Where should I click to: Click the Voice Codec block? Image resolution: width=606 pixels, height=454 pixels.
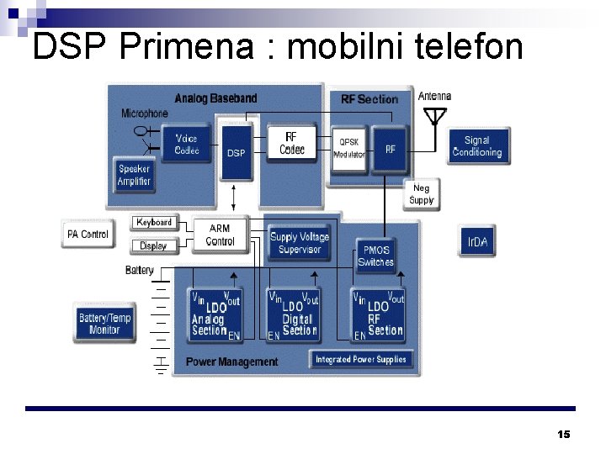pyautogui.click(x=186, y=145)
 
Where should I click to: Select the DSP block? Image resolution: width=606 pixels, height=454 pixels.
pyautogui.click(x=237, y=152)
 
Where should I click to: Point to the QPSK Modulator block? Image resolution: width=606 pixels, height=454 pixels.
pyautogui.click(x=348, y=148)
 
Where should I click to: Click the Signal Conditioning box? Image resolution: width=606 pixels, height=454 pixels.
pyautogui.click(x=476, y=146)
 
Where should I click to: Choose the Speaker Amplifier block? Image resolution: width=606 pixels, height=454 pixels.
pyautogui.click(x=135, y=175)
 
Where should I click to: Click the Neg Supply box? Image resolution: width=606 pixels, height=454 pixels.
pyautogui.click(x=421, y=194)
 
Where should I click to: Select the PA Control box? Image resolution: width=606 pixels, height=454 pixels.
pyautogui.click(x=88, y=234)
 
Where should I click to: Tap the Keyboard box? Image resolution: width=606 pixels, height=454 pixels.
pyautogui.click(x=154, y=223)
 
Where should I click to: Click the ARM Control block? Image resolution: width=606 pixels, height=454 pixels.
pyautogui.click(x=220, y=235)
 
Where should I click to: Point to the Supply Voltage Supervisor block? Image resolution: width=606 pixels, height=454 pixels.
pyautogui.click(x=300, y=243)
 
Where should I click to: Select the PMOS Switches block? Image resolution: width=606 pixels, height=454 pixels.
pyautogui.click(x=375, y=256)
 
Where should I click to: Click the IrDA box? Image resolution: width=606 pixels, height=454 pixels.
pyautogui.click(x=477, y=242)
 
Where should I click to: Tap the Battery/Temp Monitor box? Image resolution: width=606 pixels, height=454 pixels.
pyautogui.click(x=105, y=323)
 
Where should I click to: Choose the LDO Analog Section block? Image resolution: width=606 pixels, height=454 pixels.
pyautogui.click(x=215, y=314)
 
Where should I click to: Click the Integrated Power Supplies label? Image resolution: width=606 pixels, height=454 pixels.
pyautogui.click(x=360, y=359)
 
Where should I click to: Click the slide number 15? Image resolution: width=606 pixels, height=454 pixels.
pyautogui.click(x=563, y=434)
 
